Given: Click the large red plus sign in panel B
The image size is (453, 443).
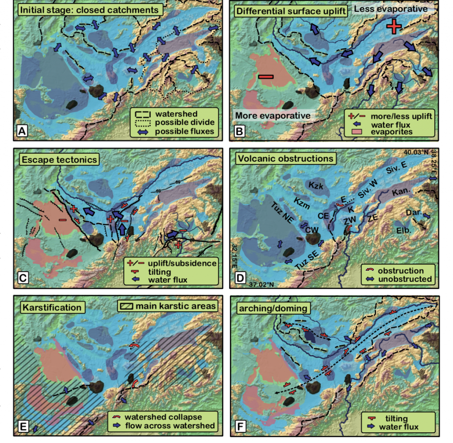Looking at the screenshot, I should pyautogui.click(x=394, y=27).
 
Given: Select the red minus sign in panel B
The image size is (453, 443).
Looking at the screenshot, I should pyautogui.click(x=266, y=77).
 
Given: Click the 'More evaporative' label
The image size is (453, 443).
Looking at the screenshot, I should pyautogui.click(x=273, y=115).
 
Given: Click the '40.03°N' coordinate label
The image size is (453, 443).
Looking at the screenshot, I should pyautogui.click(x=416, y=153).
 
